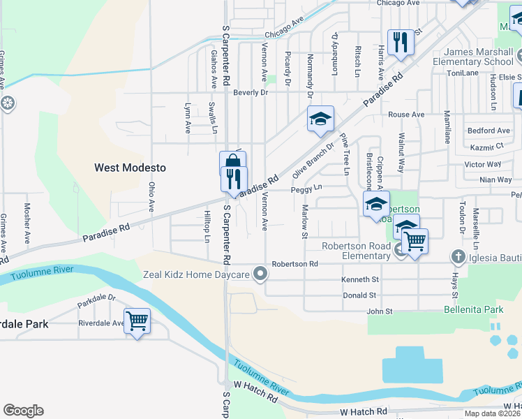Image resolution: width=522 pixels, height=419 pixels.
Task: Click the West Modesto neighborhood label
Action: pyautogui.click(x=130, y=168)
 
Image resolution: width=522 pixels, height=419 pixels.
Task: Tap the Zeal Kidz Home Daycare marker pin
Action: pyautogui.click(x=260, y=274)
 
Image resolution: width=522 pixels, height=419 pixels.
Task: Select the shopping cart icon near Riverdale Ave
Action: pyautogui.click(x=137, y=321)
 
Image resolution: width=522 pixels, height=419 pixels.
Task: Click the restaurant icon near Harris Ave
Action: pyautogui.click(x=401, y=42)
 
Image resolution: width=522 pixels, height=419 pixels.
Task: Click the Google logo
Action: pyautogui.click(x=24, y=411)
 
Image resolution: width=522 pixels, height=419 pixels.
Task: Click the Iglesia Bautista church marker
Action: pyautogui.click(x=458, y=256)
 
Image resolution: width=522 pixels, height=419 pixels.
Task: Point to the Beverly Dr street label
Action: pyautogui.click(x=251, y=92)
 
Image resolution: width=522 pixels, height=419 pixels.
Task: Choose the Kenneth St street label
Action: pyautogui.click(x=359, y=278)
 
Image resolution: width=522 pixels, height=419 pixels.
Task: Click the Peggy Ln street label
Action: pyautogui.click(x=306, y=188)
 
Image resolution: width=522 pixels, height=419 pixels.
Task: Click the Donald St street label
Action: pyautogui.click(x=360, y=296)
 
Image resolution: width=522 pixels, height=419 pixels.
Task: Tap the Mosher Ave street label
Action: pyautogui.click(x=27, y=223)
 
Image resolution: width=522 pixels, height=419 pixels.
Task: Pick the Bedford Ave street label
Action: pyautogui.click(x=489, y=131)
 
